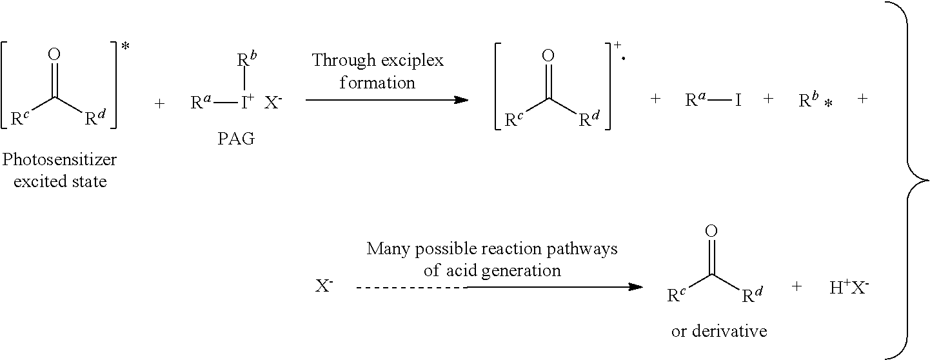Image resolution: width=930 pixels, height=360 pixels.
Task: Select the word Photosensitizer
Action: pyautogui.click(x=60, y=159)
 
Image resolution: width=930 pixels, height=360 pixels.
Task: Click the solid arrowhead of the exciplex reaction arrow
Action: pyautogui.click(x=460, y=100)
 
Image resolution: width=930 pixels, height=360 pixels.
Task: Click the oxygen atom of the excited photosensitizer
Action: pyautogui.click(x=54, y=54)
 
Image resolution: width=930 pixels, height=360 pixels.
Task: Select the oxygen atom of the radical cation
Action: pyautogui.click(x=548, y=55)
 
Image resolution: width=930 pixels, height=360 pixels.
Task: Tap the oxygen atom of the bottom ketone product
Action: pyautogui.click(x=711, y=231)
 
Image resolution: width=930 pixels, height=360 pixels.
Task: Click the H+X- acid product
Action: pyautogui.click(x=849, y=288)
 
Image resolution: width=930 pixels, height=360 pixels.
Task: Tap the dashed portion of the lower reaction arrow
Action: pyautogui.click(x=410, y=287)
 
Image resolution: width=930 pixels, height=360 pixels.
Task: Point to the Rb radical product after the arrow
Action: pyautogui.click(x=809, y=101)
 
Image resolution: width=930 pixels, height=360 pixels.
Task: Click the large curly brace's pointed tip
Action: pyautogui.click(x=927, y=180)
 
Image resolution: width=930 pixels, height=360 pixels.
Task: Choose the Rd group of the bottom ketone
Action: pyautogui.click(x=750, y=295)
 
